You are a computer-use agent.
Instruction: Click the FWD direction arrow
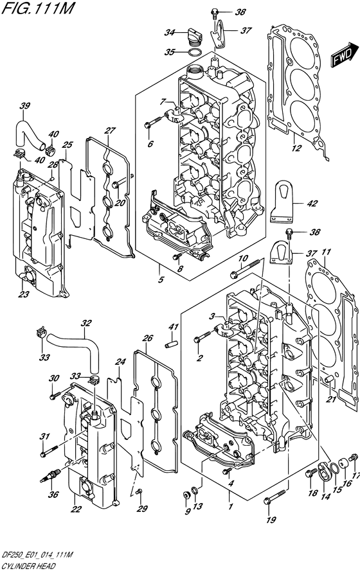point(346,54)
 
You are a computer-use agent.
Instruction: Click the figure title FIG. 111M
point(37,8)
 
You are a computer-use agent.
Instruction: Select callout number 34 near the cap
point(169,33)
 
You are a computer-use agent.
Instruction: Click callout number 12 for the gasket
point(296,148)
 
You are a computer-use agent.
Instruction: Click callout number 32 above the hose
point(86,323)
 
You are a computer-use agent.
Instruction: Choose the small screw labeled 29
point(139,492)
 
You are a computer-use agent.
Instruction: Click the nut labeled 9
point(186,495)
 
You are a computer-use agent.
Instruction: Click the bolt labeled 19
point(274,497)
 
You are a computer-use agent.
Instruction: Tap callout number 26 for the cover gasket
point(147,338)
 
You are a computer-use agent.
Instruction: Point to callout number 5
point(161,280)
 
